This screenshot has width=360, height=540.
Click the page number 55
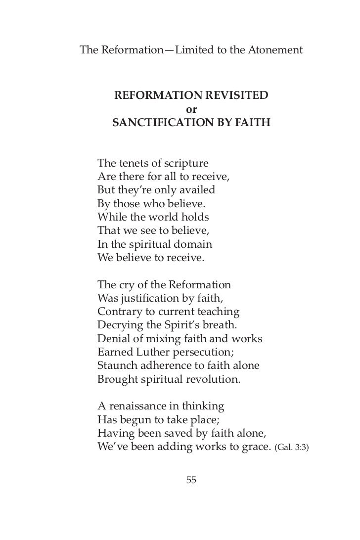[x=191, y=479]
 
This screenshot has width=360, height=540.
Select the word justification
[x=148, y=299]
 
